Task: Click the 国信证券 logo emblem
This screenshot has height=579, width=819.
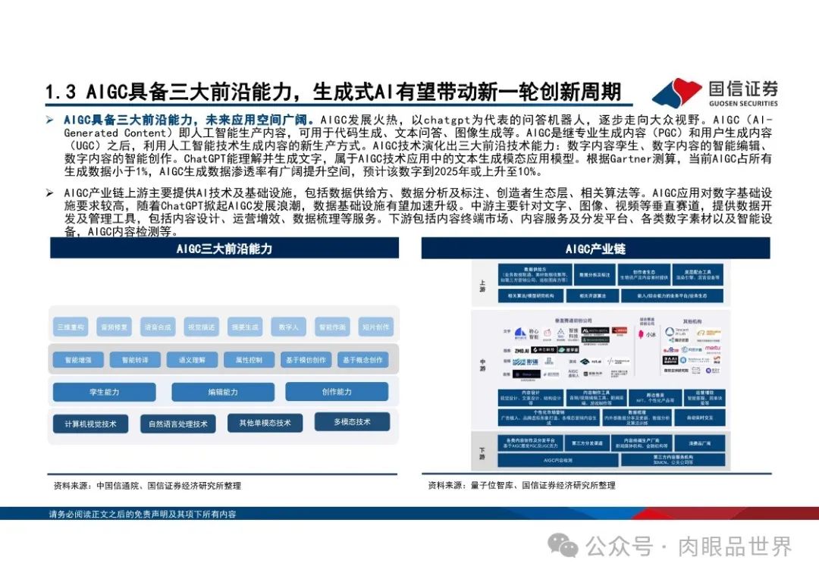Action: click(676, 92)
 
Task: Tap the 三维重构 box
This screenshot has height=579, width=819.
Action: click(71, 327)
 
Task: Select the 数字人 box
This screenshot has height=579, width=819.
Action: click(287, 327)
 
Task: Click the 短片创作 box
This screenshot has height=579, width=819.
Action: click(375, 327)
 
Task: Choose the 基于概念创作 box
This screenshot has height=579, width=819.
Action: click(362, 361)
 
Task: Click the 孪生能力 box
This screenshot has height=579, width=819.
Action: click(105, 392)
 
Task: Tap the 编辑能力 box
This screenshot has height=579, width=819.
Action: click(223, 392)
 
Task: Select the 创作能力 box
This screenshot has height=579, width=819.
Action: click(337, 392)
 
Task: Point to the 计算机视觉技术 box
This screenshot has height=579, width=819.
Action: click(90, 424)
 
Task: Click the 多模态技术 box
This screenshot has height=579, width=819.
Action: click(352, 422)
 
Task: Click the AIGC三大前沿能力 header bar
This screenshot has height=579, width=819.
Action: click(224, 249)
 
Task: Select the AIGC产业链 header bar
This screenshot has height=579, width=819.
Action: click(595, 249)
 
